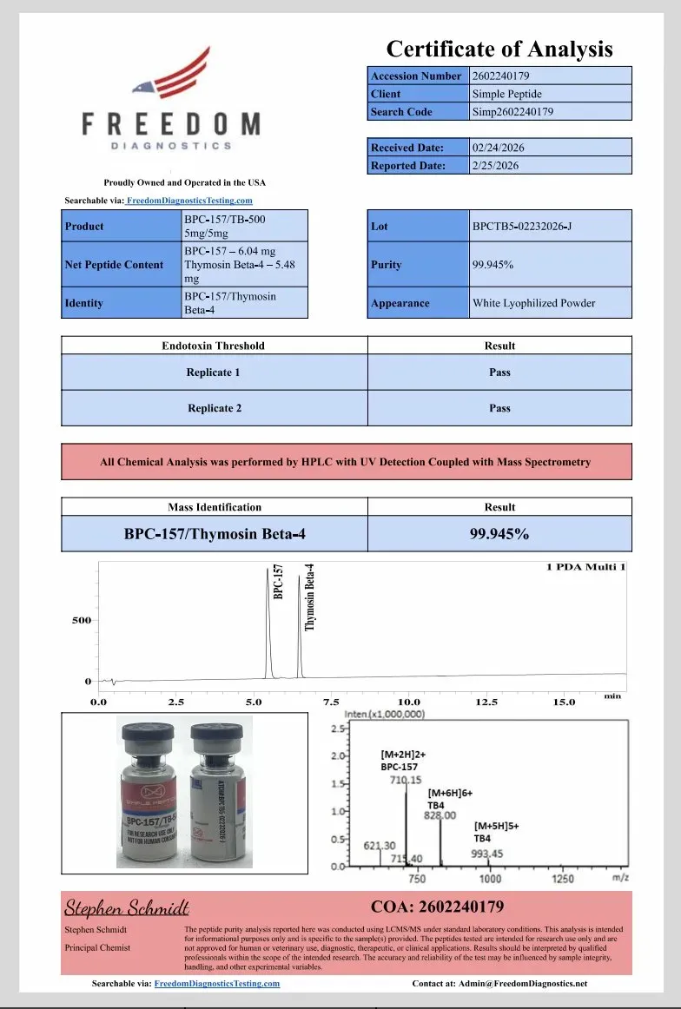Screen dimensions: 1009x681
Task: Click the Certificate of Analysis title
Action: pos(499,49)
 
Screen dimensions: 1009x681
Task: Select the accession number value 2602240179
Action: pos(501,76)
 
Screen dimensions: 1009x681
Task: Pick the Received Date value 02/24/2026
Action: pos(498,148)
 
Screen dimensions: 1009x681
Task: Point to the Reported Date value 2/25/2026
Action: pos(495,166)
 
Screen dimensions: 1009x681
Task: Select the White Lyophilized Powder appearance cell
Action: pos(533,303)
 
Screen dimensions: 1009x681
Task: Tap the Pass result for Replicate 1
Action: pos(499,373)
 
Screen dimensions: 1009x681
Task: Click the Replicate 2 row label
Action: pos(214,408)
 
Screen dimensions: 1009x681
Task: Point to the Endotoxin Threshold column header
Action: pos(214,346)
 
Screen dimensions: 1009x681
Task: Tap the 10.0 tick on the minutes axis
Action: pos(408,702)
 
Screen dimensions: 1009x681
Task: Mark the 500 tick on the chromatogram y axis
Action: pos(81,621)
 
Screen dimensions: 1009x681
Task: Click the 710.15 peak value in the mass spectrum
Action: pos(406,781)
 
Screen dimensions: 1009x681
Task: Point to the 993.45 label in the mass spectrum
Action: pos(486,854)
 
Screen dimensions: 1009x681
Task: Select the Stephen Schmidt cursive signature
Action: pos(127,908)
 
